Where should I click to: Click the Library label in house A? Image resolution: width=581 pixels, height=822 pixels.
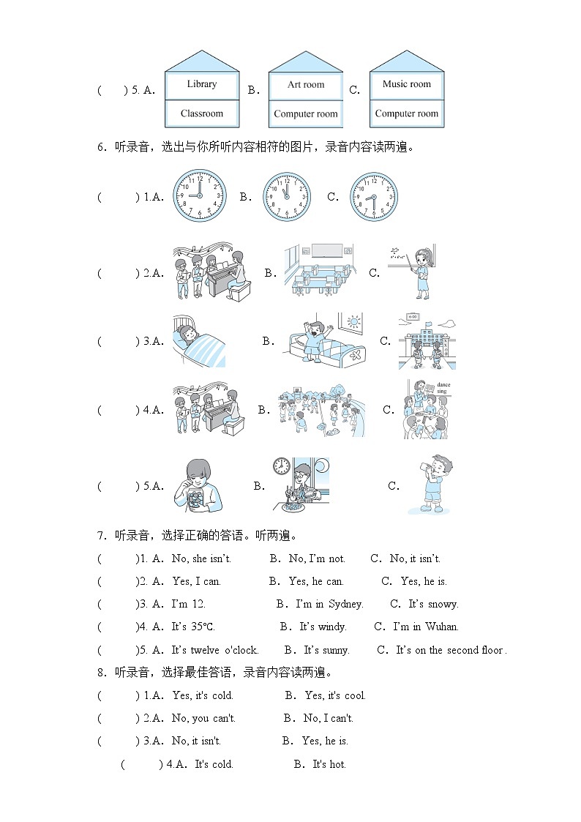202,84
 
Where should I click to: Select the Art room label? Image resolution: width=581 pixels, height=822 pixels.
305,85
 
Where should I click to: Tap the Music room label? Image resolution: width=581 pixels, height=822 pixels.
407,84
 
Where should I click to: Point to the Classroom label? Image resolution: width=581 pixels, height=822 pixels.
202,113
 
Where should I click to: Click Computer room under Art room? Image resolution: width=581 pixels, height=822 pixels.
305,113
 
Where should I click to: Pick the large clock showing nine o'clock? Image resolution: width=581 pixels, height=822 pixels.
199,196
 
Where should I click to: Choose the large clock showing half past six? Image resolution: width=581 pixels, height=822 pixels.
374,197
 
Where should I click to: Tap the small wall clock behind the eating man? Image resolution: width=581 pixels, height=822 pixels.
281,466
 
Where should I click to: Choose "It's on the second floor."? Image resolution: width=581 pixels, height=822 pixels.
451,650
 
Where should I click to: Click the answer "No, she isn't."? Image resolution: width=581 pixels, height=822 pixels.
201,558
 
